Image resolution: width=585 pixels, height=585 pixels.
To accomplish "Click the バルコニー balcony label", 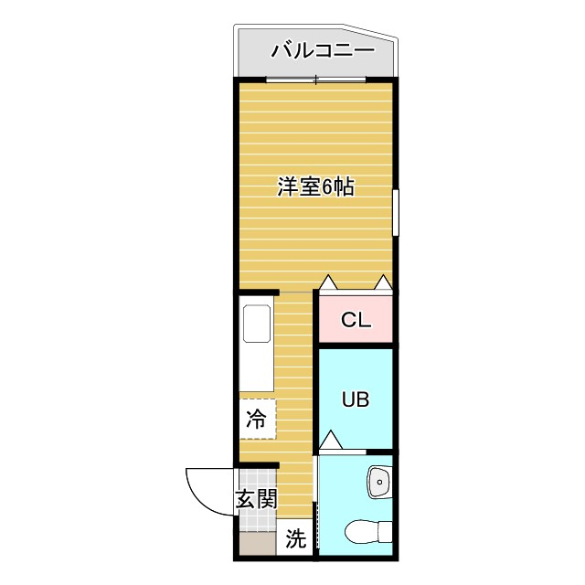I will (x=322, y=50).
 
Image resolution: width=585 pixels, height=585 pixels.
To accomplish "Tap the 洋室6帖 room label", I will (x=315, y=188).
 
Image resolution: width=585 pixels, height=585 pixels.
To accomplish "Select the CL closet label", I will (x=355, y=320).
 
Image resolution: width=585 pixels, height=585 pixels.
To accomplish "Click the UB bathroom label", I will (x=355, y=399).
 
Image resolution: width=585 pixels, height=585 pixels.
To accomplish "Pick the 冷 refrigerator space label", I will (x=257, y=420).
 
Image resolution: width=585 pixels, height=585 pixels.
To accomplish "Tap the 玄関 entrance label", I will (x=256, y=499).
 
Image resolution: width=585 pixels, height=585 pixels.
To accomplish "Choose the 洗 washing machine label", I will (x=294, y=539).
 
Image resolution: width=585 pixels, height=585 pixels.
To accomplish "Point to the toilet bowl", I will (x=369, y=534).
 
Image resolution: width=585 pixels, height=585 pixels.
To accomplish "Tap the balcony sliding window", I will (x=316, y=80).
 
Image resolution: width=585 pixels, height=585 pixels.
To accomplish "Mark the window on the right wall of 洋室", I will (x=397, y=212).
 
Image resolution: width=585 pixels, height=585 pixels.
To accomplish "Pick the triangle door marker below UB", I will (x=331, y=441).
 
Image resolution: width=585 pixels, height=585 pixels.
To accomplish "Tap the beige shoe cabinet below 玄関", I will (x=257, y=546).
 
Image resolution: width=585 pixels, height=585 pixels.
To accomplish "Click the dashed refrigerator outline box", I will (x=258, y=419).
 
